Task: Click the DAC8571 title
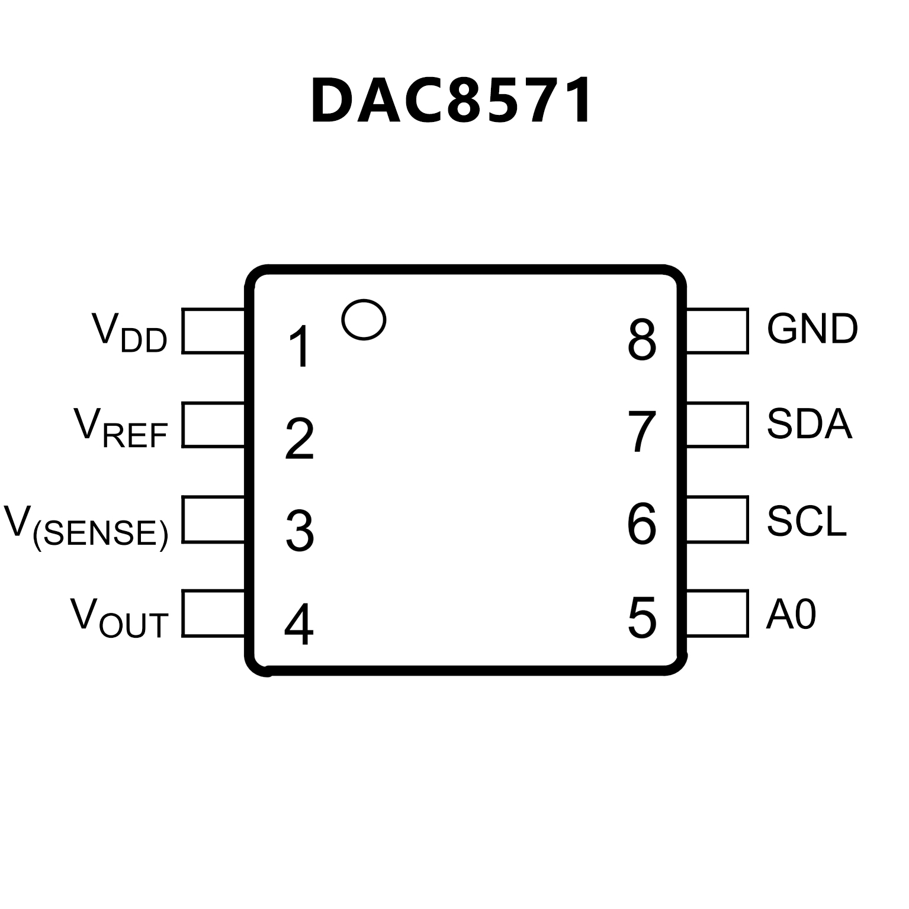point(451,101)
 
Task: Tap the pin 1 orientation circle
point(364,320)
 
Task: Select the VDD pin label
point(130,332)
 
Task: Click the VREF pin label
point(121,428)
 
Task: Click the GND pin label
point(812,329)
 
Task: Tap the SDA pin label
point(809,423)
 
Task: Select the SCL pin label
point(807,521)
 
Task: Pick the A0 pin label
point(791,614)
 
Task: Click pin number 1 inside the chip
point(300,346)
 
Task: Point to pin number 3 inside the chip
point(300,531)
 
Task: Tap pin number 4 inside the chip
point(299,624)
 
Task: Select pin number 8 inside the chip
point(642,341)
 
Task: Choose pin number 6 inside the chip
point(641,524)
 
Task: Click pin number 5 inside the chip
point(642,618)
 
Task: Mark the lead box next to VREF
point(214,424)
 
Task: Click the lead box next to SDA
point(717,424)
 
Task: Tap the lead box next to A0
point(717,613)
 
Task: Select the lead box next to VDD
point(214,330)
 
